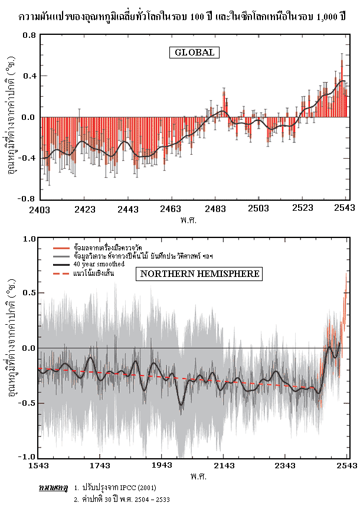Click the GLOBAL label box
click(x=195, y=53)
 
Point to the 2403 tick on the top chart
click(x=42, y=209)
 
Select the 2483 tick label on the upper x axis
click(x=215, y=209)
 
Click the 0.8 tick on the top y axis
click(x=29, y=35)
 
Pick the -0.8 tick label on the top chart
click(x=27, y=199)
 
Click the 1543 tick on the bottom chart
click(x=42, y=466)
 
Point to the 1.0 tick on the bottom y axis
click(x=30, y=239)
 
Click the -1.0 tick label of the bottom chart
click(x=28, y=457)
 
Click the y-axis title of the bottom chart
click(x=11, y=348)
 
